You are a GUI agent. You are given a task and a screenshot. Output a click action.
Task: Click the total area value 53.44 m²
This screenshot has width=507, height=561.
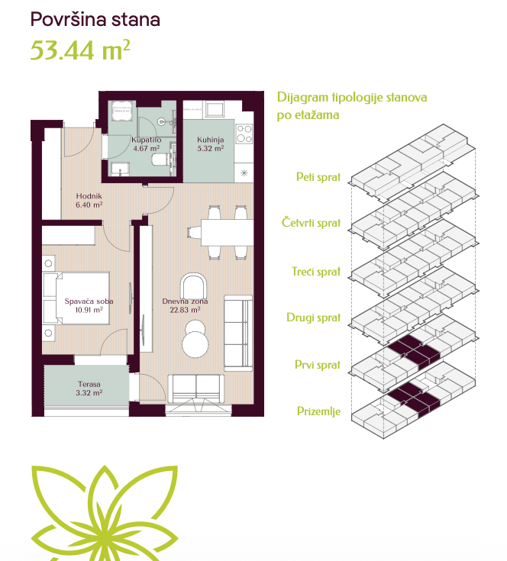pos(80,50)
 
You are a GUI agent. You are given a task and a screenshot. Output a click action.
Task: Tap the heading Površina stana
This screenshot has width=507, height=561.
pos(95,19)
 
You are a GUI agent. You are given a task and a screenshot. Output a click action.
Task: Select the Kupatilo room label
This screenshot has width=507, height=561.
pos(147,140)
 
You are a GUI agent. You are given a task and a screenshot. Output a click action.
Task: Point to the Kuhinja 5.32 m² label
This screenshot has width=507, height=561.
pos(211,143)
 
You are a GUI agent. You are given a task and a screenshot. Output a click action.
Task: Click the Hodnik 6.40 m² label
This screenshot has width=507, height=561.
pos(89,200)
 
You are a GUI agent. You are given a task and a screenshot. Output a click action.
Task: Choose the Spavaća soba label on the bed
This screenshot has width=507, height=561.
pos(89,301)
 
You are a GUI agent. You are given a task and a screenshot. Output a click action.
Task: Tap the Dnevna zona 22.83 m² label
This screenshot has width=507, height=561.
pos(185,305)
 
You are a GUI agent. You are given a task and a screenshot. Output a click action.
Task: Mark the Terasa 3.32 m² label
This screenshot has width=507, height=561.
pos(89,389)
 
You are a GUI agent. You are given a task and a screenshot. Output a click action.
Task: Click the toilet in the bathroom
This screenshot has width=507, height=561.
pos(160,160)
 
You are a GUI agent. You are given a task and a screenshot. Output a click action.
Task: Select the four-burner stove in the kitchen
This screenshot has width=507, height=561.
pos(244,133)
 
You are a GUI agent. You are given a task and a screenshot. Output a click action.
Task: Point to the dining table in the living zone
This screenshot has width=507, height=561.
pos(227,233)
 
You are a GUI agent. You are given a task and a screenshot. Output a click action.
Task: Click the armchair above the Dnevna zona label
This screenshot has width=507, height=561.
pos(193,285)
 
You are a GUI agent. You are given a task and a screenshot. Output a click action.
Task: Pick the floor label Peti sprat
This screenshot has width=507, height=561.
pos(318,177)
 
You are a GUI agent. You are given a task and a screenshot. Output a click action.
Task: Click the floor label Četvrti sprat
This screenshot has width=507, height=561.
pos(311,223)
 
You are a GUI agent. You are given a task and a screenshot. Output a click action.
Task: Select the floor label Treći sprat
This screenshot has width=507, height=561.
pos(316,272)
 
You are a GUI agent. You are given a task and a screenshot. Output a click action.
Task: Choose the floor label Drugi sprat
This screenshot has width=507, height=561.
pos(313,318)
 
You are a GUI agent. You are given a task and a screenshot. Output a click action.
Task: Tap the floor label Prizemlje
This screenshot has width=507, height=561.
pos(318,411)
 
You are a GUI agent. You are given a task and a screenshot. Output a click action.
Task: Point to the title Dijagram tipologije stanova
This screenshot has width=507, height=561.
pos(352,98)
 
